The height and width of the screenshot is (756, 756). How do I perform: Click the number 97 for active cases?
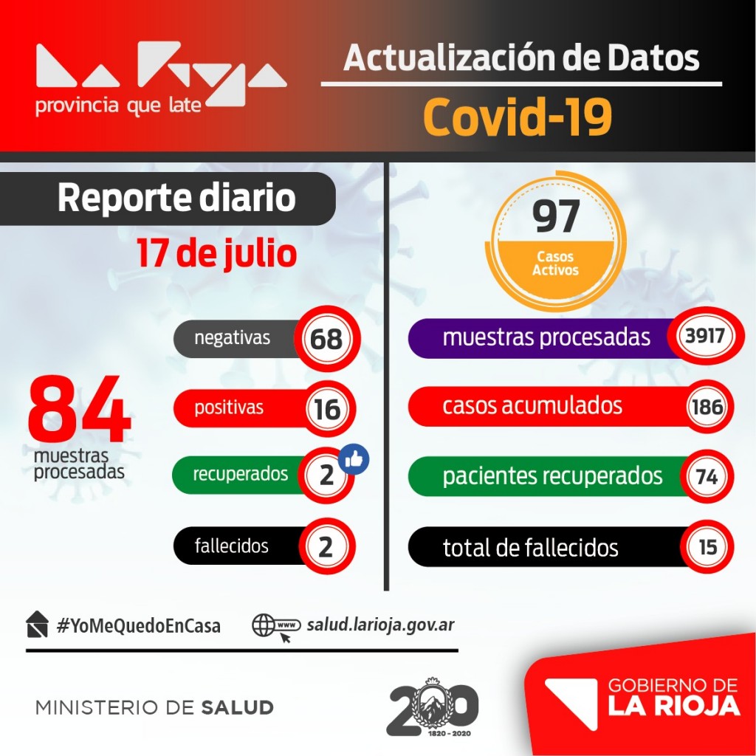tap(556, 216)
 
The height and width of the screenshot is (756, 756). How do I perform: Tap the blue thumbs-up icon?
tap(354, 459)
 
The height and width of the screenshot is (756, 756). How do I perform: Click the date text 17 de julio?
tap(216, 253)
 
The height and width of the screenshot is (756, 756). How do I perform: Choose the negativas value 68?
tap(326, 339)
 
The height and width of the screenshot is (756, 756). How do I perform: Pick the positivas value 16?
tap(327, 408)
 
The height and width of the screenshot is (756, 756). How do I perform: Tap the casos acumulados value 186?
tap(707, 406)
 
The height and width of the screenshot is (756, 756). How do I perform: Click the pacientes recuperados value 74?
tap(707, 477)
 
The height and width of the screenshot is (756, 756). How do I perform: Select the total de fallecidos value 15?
tap(707, 548)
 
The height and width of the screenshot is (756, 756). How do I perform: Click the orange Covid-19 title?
tap(518, 117)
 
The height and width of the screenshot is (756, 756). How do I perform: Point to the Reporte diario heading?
tap(176, 199)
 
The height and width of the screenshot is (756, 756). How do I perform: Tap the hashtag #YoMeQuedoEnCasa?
tap(139, 625)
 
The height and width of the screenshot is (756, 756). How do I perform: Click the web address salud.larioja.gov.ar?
tap(380, 625)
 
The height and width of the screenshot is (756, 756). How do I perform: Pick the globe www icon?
tap(275, 626)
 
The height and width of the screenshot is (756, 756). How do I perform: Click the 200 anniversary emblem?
tap(433, 707)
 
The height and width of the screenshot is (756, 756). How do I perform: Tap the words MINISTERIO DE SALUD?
tap(154, 707)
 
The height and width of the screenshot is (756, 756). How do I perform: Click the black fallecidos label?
tap(232, 546)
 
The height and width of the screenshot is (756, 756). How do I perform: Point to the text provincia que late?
tap(118, 106)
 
